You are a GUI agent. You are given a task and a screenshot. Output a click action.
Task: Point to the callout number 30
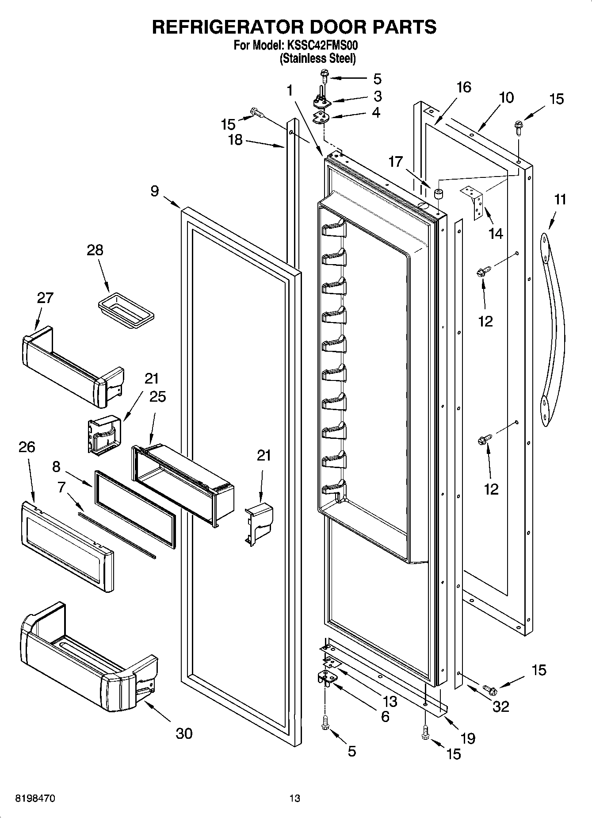(x=184, y=734)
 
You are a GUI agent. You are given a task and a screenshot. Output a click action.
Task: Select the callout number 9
(x=154, y=191)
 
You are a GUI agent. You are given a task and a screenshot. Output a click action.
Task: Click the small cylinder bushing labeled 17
(x=439, y=194)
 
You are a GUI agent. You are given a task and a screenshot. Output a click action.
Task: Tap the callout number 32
(x=500, y=707)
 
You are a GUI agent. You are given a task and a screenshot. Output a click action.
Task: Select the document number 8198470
(x=35, y=799)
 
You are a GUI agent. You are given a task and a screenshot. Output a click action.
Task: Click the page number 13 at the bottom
(x=294, y=799)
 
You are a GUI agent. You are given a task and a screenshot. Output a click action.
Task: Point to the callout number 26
(x=27, y=447)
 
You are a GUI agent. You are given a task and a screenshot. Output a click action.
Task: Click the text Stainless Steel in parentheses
(x=317, y=58)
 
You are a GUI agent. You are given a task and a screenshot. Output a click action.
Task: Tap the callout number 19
(x=467, y=738)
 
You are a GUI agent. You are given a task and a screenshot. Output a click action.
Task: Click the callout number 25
(x=157, y=396)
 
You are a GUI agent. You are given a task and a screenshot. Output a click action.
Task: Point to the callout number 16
(x=464, y=87)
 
